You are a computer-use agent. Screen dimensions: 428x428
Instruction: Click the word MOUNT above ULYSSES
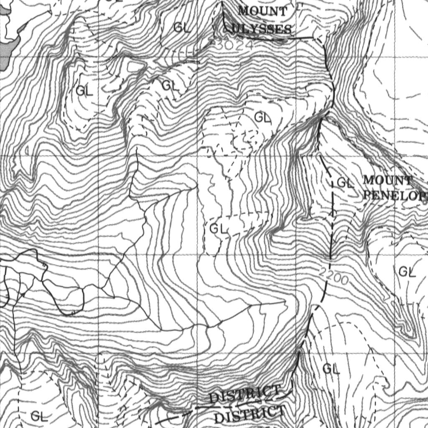tap(263, 11)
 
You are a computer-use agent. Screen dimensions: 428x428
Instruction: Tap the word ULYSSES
tap(262, 29)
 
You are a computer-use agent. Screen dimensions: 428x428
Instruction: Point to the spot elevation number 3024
tap(229, 44)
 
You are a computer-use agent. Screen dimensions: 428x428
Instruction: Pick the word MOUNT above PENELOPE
tap(387, 181)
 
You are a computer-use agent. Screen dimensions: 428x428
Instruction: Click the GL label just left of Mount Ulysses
tap(182, 28)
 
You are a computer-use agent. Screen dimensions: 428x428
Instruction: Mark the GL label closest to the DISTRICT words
tap(331, 369)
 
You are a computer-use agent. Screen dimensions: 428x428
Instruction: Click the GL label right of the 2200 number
tap(407, 272)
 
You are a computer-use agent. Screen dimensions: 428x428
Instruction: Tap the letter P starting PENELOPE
tap(368, 195)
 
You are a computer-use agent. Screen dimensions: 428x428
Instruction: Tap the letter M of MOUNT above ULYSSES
tap(244, 11)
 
